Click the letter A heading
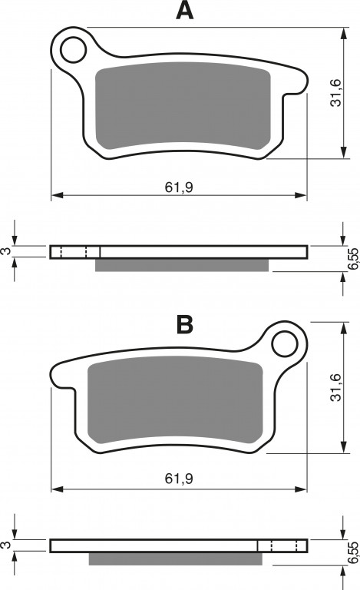[x=184, y=10]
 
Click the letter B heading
[x=185, y=324]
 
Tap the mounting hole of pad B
[x=285, y=344]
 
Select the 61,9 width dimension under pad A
[x=179, y=187]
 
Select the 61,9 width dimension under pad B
[x=179, y=479]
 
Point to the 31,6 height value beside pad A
[x=335, y=92]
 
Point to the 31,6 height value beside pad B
[x=335, y=387]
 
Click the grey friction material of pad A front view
[x=183, y=105]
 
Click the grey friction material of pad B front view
[x=175, y=399]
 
